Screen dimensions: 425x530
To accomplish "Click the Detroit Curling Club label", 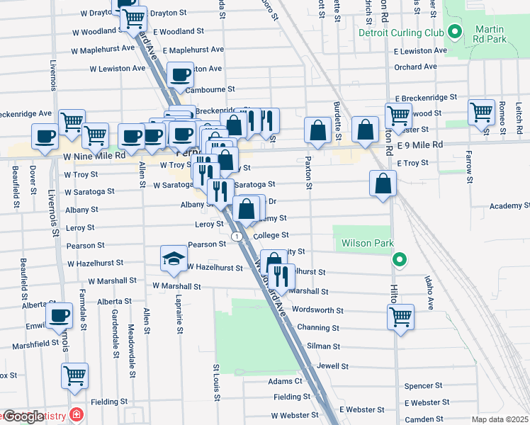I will click(400, 33).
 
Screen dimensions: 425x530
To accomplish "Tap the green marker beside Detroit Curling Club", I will click(453, 32).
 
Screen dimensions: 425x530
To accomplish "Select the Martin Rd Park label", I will click(490, 33).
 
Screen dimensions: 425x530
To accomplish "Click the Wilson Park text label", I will click(367, 243).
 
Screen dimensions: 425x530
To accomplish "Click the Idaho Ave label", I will click(429, 293).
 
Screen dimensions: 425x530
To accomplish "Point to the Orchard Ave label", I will click(417, 68).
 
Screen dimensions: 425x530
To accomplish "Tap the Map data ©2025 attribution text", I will click(500, 419).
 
